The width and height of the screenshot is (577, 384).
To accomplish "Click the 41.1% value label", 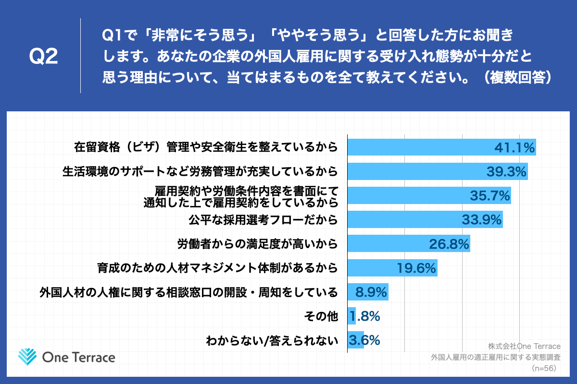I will point(514,148).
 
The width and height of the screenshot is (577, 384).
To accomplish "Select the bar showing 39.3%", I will point(438,172).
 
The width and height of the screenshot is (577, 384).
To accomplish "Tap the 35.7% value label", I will point(489,196).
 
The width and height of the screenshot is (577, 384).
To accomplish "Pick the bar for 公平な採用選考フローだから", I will point(425,220).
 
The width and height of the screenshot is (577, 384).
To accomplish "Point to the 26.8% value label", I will point(449,244).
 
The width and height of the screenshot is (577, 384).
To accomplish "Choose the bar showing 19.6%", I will point(392,268).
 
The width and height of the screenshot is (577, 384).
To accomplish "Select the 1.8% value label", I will point(365,316).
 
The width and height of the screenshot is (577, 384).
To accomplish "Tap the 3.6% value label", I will point(365,340).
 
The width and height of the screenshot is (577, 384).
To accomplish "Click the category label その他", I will point(321,316).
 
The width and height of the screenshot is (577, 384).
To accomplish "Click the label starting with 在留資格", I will point(206,147).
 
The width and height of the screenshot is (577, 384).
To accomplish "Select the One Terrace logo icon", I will point(27,357).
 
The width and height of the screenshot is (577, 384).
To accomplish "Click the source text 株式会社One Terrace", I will point(524,346).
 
